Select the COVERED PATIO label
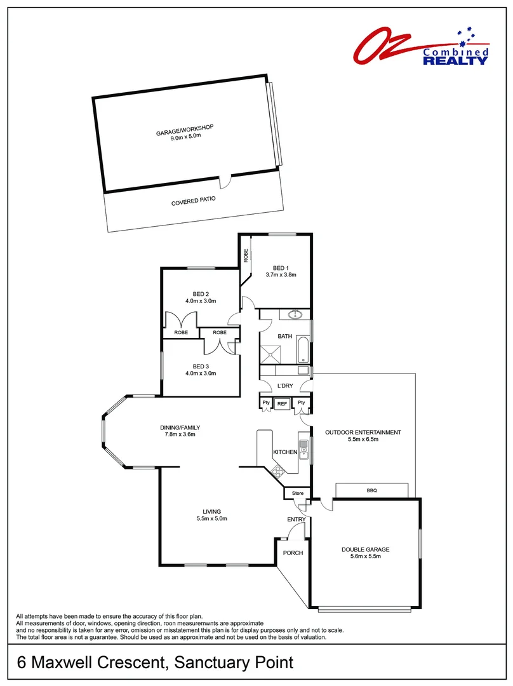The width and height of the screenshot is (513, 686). point(194,204)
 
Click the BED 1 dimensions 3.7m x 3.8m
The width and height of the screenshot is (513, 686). point(281,275)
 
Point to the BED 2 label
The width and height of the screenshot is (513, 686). point(201,294)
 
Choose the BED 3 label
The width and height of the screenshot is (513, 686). point(201,367)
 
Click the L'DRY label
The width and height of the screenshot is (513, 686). point(285,386)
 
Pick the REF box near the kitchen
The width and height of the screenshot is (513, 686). point(283,403)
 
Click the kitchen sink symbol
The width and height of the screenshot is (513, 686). point(303,448)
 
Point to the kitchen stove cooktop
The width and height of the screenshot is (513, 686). point(277,471)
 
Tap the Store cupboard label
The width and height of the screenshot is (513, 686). point(297,493)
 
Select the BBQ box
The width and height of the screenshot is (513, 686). point(371,490)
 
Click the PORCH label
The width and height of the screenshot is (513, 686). point(293,553)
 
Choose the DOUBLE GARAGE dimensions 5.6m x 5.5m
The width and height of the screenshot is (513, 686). point(365,556)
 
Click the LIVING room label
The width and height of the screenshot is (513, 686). point(212,511)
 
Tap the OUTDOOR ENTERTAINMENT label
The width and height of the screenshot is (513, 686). point(363,433)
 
